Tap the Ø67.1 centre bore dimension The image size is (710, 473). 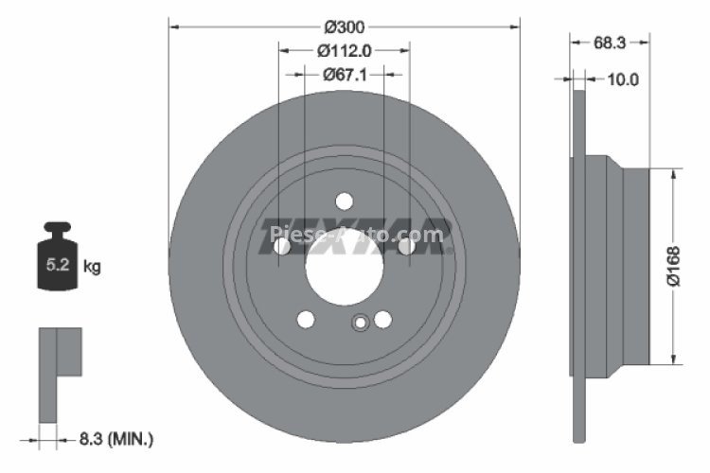344,75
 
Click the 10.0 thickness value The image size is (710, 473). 622,79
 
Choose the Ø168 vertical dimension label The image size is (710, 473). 673,266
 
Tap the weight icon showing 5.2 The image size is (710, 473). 56,261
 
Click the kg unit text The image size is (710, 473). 92,267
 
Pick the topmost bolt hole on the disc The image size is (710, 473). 344,201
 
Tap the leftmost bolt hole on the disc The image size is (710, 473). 281,246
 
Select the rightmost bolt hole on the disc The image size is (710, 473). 406,246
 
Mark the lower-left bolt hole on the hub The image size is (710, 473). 305,320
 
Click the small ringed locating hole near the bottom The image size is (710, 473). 360,324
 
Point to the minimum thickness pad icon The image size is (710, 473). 59,374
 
